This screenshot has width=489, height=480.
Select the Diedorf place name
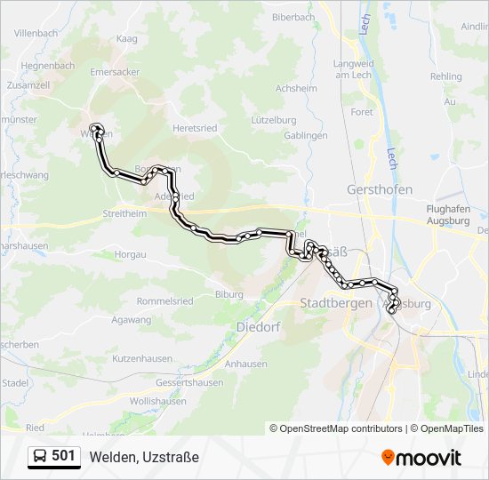click(258, 327)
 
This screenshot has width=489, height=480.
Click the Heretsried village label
click(195, 128)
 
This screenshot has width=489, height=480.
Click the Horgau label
click(130, 254)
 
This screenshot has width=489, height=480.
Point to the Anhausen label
click(246, 364)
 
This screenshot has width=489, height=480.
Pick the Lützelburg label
click(273, 119)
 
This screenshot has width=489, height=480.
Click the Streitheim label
click(124, 214)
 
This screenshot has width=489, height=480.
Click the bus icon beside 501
click(39, 456)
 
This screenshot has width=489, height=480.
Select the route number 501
click(63, 456)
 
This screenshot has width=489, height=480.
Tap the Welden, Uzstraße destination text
click(144, 457)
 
